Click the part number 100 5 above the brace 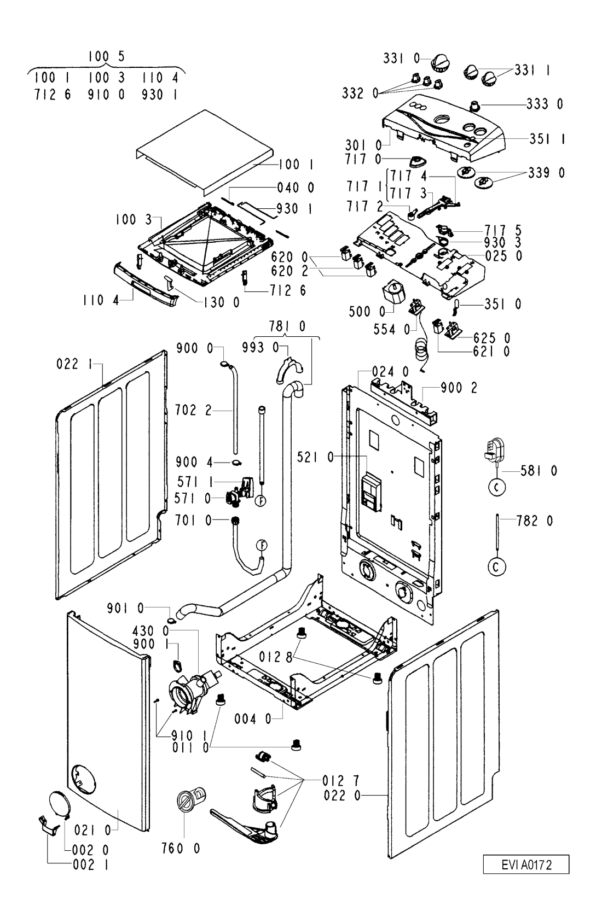pyautogui.click(x=107, y=57)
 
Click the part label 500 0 pyautogui.click(x=367, y=311)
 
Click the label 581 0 pyautogui.click(x=539, y=470)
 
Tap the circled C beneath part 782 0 pyautogui.click(x=496, y=567)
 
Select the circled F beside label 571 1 pyautogui.click(x=262, y=501)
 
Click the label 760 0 pyautogui.click(x=181, y=848)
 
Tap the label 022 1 pyautogui.click(x=74, y=364)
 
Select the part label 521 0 pyautogui.click(x=315, y=457)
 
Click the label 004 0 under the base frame pyautogui.click(x=253, y=719)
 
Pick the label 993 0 pyautogui.click(x=260, y=347)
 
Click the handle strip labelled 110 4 pyautogui.click(x=146, y=284)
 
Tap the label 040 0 pyautogui.click(x=296, y=188)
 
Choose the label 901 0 pyautogui.click(x=125, y=609)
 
